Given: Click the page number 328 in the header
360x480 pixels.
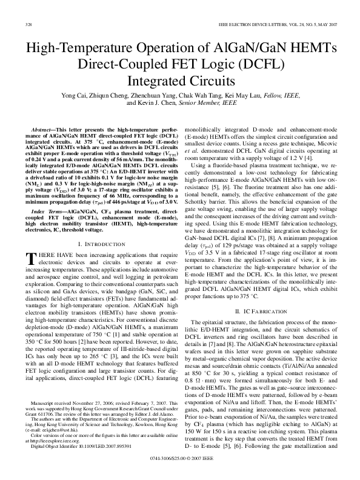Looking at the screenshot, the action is pos(29,24).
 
